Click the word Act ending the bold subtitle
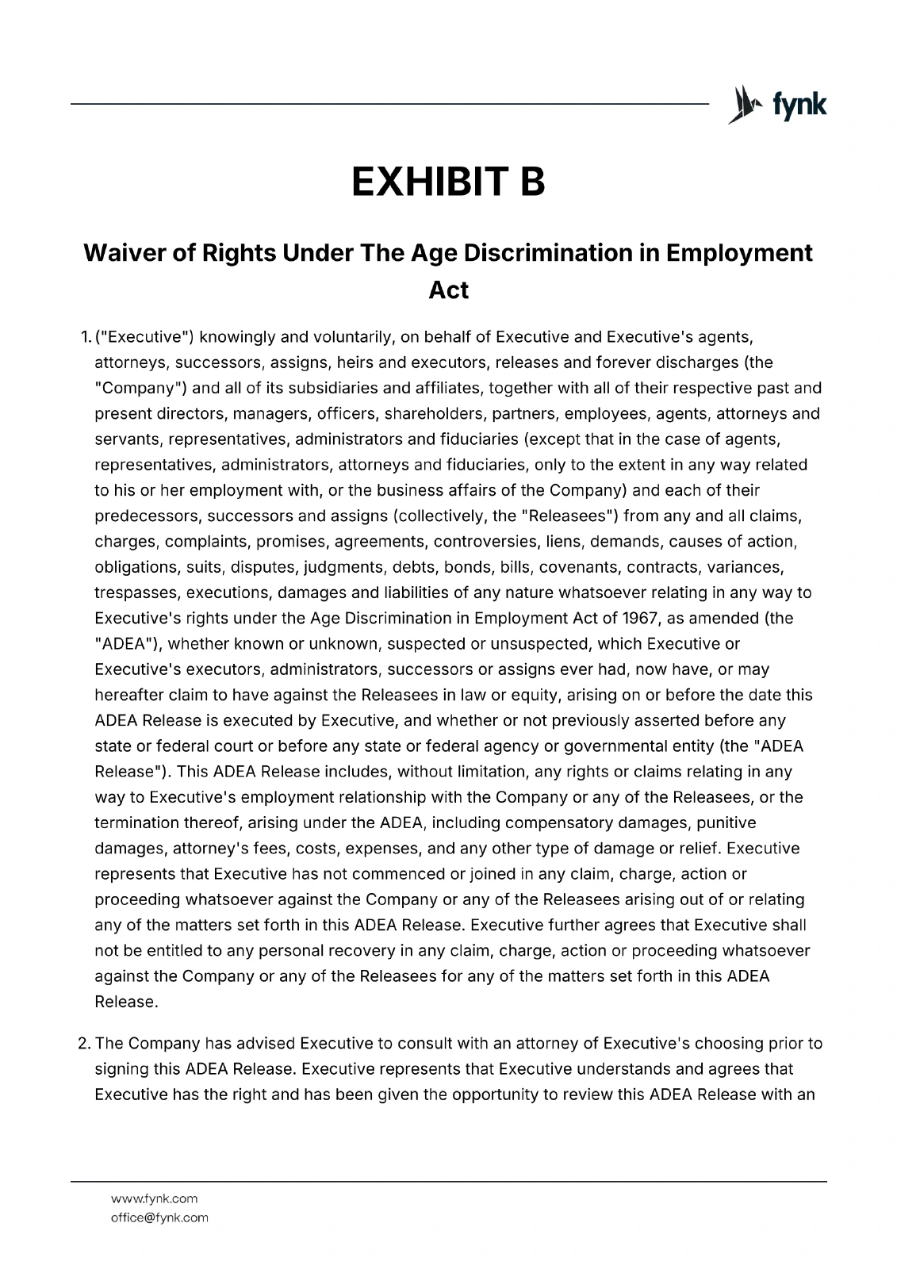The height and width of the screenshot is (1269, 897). pos(448,289)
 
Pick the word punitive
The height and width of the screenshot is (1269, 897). pos(726,822)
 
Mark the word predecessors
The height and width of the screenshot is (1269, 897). pos(148,516)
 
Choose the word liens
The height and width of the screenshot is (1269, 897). pos(562,542)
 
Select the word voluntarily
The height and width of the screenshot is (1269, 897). pos(353,337)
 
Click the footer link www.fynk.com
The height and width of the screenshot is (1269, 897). pos(154,1198)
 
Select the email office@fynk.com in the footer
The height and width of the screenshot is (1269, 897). pos(159,1217)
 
